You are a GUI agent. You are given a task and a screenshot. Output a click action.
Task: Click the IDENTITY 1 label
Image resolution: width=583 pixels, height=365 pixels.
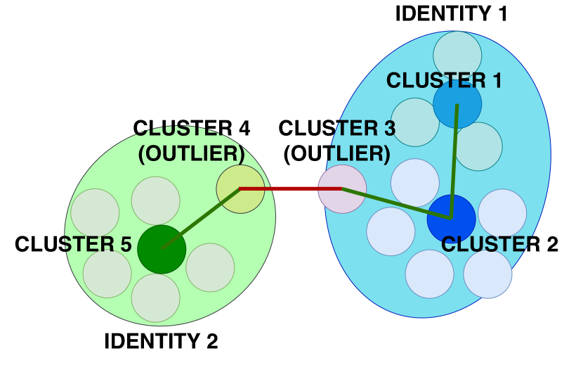coord(451,14)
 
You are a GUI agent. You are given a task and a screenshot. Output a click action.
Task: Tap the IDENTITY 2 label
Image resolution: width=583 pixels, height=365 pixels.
coord(161,341)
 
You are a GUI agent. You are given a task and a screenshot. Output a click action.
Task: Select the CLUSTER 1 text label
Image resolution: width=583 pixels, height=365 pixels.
coord(444,80)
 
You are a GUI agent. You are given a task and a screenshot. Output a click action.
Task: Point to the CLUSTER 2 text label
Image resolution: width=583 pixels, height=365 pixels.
coord(499,244)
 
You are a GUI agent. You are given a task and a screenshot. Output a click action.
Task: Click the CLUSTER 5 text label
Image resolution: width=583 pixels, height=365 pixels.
coord(73,244)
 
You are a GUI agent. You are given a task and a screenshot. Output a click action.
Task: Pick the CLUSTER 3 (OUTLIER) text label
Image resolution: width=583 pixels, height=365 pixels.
coord(337,141)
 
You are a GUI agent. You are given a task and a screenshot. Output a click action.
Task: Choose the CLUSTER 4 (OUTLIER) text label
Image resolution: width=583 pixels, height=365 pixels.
coord(192,141)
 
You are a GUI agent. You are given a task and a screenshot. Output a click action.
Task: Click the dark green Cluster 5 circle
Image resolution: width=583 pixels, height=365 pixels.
coord(162,249)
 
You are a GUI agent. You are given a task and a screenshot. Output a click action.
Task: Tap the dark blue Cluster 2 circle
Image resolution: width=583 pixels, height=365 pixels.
coord(452,219)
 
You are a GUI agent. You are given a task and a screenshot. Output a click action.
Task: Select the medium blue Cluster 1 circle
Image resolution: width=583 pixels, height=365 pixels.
coord(457,104)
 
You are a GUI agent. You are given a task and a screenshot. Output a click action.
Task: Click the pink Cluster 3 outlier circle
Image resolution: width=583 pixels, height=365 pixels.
coord(342,189)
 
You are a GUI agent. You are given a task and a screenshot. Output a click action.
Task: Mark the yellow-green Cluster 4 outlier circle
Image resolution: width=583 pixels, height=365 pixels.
coord(240,189)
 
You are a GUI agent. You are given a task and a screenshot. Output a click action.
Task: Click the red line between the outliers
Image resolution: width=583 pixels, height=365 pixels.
coord(291,189)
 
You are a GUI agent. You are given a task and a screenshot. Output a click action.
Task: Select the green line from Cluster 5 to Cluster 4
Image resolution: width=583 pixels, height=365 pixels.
coord(201,219)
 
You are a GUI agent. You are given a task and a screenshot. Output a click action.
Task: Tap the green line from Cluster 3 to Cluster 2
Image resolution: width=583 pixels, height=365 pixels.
coord(397,204)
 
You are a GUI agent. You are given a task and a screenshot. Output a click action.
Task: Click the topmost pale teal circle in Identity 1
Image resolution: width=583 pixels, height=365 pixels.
coord(457,55)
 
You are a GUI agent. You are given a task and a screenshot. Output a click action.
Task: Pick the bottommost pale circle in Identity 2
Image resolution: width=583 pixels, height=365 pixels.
coord(156,298)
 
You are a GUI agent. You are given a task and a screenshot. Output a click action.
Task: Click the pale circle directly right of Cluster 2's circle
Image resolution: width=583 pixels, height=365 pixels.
coord(502,213)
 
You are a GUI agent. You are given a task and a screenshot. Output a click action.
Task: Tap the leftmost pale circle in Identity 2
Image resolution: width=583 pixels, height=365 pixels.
coord(96,213)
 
